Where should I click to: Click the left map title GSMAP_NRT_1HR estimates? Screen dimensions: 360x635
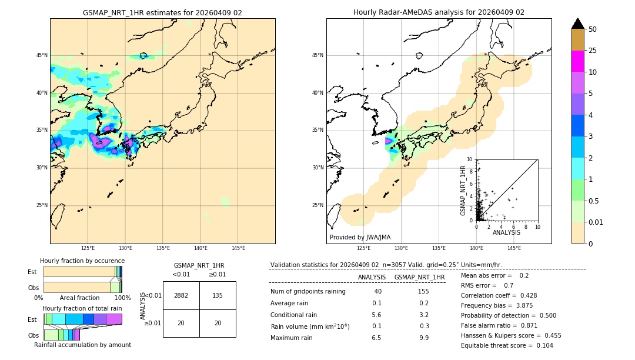tap(162, 12)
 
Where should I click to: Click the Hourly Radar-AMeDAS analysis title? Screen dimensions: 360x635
tap(439, 12)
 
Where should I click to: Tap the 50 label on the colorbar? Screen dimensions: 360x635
tap(593, 29)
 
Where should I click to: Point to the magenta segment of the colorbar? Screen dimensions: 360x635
tap(577, 61)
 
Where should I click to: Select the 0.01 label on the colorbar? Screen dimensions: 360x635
tap(596, 222)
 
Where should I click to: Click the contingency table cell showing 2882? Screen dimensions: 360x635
tap(181, 295)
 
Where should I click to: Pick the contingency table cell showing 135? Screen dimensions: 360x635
tap(218, 295)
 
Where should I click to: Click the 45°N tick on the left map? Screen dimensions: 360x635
tap(42, 55)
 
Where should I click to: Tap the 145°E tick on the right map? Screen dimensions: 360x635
tap(514, 248)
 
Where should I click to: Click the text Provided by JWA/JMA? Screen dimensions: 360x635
tap(360, 237)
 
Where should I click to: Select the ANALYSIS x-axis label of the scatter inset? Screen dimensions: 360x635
tap(506, 232)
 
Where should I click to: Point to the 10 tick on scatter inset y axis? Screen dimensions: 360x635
tap(469, 159)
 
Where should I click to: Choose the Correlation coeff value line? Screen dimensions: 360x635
tap(499, 295)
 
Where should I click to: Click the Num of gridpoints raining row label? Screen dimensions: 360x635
tap(308, 291)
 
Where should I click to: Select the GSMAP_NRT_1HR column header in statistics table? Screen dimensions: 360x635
tap(419, 277)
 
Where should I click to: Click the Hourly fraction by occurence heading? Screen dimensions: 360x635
tap(82, 261)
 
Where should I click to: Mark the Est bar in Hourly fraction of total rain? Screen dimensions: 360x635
tap(82, 319)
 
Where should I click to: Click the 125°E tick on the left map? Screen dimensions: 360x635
tap(88, 248)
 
